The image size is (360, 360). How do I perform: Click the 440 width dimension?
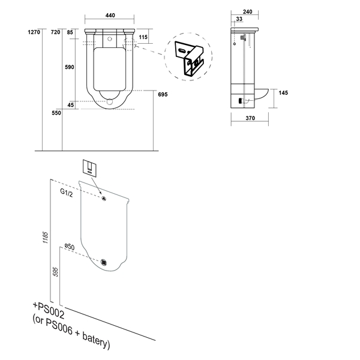point(110,16)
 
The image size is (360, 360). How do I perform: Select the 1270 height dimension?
point(34,32)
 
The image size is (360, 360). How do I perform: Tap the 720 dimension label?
point(56,32)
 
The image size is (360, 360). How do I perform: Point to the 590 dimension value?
point(70,67)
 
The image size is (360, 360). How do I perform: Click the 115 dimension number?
point(143,37)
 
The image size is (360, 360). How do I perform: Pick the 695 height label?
point(163,94)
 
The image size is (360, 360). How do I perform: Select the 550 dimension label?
point(56,113)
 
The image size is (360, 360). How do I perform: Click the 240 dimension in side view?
point(247,12)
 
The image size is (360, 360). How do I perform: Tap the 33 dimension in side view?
point(239,19)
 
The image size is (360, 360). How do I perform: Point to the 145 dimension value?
point(283,93)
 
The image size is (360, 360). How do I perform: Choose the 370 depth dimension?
point(250,118)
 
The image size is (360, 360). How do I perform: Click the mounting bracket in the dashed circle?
point(189,58)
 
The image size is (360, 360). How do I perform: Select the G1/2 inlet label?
point(67,193)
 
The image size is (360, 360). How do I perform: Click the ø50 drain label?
point(70,247)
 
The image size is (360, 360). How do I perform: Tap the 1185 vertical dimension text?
point(46,238)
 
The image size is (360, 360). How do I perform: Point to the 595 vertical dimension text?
point(55,272)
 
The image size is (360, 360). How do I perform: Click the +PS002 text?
point(49,310)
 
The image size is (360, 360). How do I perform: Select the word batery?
point(95,340)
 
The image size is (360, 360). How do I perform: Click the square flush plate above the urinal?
point(89,168)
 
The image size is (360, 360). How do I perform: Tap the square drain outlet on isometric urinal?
point(104,262)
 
